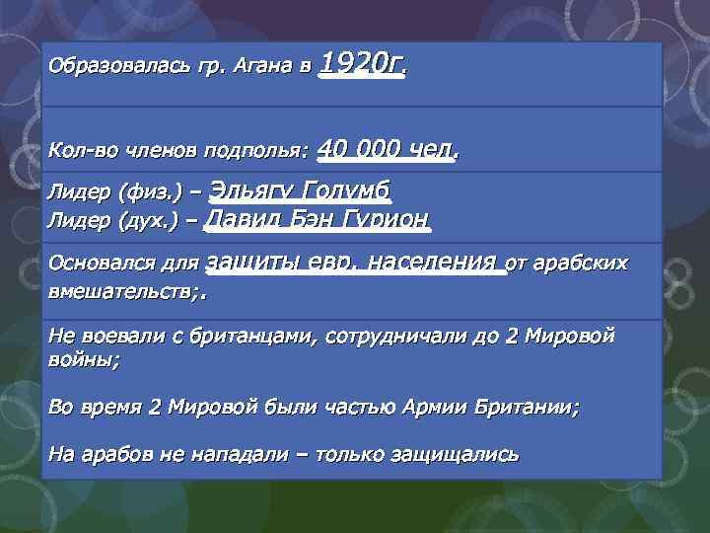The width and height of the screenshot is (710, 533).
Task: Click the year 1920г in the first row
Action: click(362, 65)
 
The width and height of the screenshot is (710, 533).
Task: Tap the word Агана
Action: click(255, 68)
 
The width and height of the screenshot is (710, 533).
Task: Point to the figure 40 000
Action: click(360, 150)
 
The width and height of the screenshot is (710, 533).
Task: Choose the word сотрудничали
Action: click(390, 337)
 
